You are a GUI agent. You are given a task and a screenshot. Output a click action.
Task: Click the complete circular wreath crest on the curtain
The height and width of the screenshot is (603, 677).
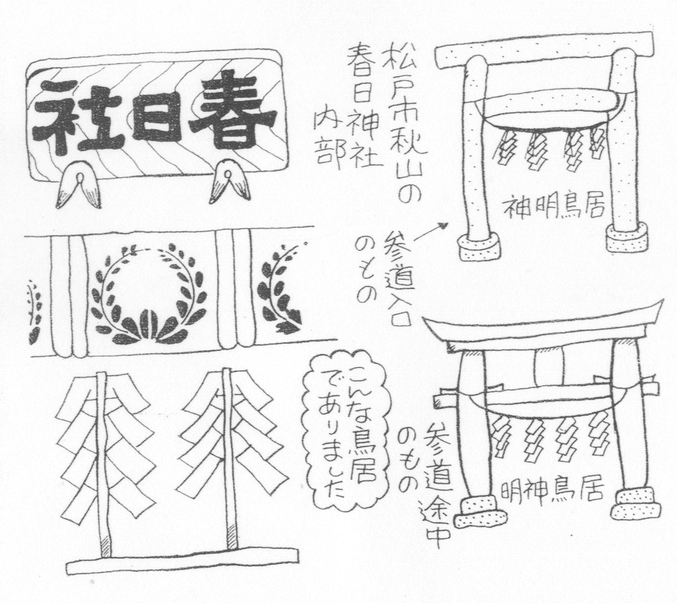150,294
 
